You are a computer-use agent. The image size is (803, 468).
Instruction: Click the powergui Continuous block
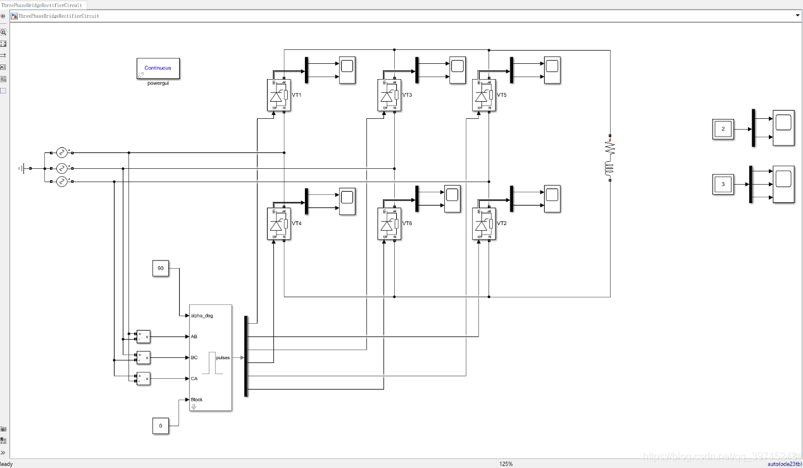(158, 68)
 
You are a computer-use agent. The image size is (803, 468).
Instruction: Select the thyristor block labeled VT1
(278, 95)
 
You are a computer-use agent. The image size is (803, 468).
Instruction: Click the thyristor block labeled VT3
(389, 95)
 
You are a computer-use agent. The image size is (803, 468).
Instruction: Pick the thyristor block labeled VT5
(483, 95)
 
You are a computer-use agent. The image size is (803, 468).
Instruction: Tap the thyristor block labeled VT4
(278, 224)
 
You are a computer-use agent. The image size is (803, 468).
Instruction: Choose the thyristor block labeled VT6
(389, 224)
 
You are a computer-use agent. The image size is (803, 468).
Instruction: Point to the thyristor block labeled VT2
(483, 224)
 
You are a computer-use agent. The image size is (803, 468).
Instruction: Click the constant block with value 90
(161, 269)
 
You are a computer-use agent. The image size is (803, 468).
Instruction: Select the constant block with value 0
(161, 426)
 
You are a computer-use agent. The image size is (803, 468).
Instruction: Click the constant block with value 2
(723, 129)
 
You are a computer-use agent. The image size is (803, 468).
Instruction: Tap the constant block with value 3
(723, 184)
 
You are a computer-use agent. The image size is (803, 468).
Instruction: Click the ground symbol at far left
(23, 168)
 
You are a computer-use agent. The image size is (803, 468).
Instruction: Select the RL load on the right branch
(610, 158)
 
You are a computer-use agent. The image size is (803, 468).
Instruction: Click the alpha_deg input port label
(202, 316)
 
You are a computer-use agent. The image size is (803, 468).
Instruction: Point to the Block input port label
(197, 400)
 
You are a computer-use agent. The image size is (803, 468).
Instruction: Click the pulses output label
(223, 357)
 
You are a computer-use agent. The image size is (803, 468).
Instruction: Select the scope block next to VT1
(347, 70)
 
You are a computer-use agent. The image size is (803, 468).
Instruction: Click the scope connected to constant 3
(783, 184)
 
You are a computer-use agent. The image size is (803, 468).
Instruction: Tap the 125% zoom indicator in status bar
(506, 464)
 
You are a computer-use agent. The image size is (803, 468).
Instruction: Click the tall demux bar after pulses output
(246, 357)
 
